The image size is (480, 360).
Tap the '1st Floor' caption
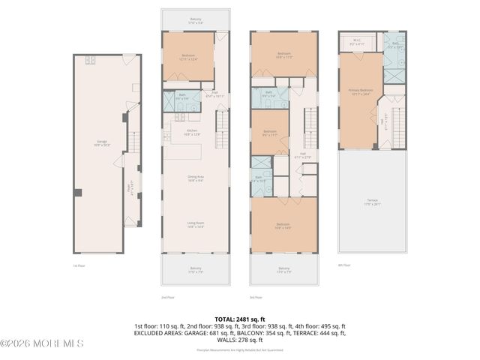pos(79,265)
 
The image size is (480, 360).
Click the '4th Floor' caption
pos(344,265)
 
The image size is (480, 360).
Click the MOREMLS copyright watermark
pos(42,343)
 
